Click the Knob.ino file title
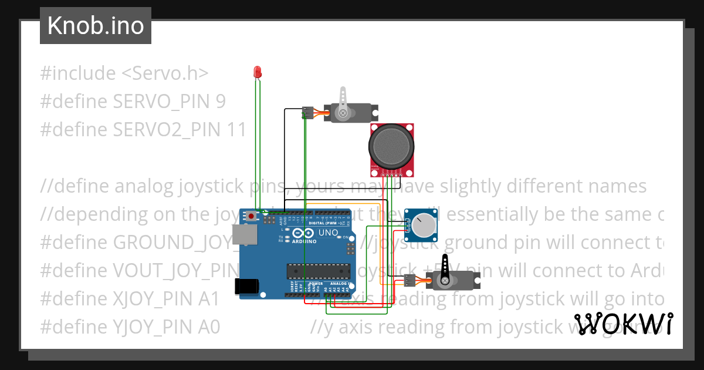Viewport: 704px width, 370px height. coord(96,26)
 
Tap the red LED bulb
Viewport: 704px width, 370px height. coord(256,72)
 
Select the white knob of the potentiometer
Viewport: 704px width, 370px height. coord(421,226)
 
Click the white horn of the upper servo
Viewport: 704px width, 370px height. coord(343,100)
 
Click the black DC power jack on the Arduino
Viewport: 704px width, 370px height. coord(246,286)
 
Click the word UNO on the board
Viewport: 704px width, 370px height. coord(328,233)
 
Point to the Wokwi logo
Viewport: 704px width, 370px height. coord(624,324)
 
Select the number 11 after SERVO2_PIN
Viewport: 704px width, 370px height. coord(236,130)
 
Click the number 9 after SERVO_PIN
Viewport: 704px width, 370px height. coord(220,102)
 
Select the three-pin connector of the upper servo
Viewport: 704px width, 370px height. coord(307,112)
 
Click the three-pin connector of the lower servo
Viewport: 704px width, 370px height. coord(409,281)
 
